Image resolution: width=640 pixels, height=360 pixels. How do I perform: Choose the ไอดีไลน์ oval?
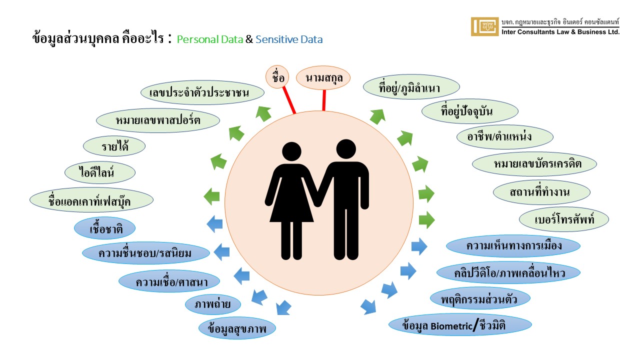click(93, 173)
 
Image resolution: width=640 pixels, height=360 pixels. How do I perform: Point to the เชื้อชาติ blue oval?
click(105, 229)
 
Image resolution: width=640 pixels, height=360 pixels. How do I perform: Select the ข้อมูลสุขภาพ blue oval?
click(237, 328)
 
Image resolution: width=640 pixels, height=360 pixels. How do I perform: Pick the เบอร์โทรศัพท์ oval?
click(564, 219)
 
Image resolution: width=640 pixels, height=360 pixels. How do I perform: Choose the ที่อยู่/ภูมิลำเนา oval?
click(412, 88)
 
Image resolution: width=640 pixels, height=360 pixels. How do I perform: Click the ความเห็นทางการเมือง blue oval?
click(513, 245)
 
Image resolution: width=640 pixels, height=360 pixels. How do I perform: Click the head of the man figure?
click(346, 149)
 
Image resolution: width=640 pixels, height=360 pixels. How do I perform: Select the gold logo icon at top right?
click(485, 26)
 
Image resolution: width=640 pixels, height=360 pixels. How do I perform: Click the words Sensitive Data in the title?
click(289, 39)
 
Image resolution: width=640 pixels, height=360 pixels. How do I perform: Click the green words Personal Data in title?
click(209, 39)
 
